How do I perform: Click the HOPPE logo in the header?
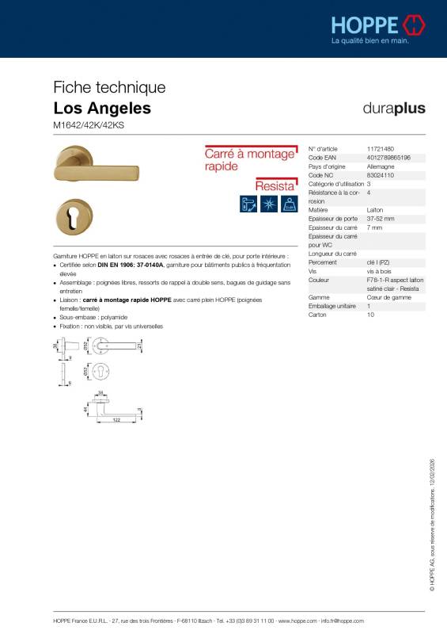[x=378, y=25]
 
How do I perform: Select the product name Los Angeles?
[x=102, y=108]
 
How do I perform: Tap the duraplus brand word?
[x=393, y=108]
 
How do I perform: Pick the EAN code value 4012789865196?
[x=388, y=158]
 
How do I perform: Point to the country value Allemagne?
[x=381, y=166]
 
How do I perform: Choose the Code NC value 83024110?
[x=381, y=175]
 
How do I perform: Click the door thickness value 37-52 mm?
[x=381, y=219]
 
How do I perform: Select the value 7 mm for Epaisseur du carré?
[x=375, y=227]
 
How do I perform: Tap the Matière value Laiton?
[x=376, y=210]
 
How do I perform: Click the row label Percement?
[x=323, y=262]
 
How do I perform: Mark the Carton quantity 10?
[x=370, y=315]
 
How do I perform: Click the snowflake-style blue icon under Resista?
[x=268, y=203]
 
